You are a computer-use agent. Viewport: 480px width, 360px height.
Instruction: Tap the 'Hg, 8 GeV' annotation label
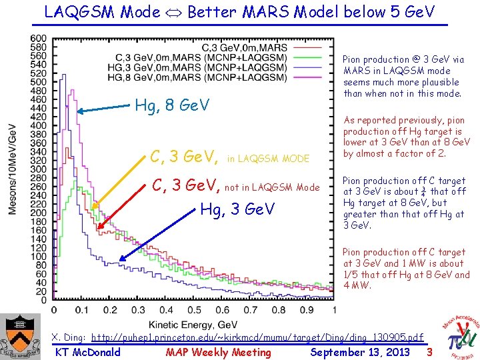pos(172,105)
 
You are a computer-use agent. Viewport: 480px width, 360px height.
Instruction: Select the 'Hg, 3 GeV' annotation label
pos(238,209)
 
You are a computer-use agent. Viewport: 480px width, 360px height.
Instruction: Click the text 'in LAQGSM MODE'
pos(269,159)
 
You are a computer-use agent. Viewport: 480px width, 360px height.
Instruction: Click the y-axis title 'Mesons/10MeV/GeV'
pos(11,169)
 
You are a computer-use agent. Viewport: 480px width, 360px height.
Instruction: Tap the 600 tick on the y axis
pos(38,38)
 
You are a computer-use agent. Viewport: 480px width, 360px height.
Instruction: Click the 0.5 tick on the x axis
pos(194,310)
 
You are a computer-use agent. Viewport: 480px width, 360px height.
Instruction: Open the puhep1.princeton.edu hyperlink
pos(257,338)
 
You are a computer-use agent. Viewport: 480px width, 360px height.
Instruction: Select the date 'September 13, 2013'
pos(360,353)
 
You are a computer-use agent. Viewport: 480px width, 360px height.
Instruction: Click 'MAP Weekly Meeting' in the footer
pos(218,353)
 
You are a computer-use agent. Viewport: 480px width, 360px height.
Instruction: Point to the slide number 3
pos(429,352)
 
